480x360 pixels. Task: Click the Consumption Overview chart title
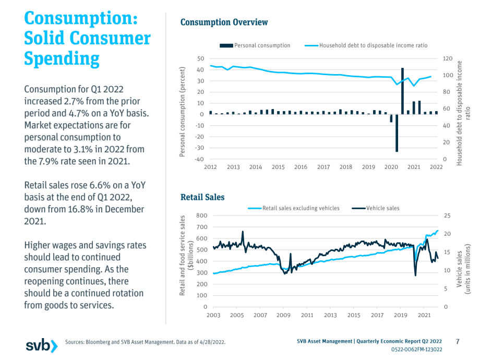click(224, 22)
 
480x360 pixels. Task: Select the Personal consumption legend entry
click(255, 45)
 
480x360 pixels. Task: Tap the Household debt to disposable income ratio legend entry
click(366, 45)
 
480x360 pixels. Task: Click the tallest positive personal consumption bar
click(402, 91)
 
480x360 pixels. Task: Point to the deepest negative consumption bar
click(397, 133)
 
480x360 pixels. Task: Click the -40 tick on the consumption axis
click(199, 159)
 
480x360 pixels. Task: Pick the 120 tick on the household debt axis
click(448, 58)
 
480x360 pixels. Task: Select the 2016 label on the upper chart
click(301, 167)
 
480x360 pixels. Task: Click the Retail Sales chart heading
click(202, 197)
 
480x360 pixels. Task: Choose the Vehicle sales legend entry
click(376, 208)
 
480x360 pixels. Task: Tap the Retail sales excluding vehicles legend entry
click(294, 208)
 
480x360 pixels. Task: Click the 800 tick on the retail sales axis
click(202, 215)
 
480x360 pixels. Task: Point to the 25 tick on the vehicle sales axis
click(447, 215)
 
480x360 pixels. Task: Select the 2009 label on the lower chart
click(283, 315)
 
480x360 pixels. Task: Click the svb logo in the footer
click(42, 346)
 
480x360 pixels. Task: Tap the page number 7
click(458, 341)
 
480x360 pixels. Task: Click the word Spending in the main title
click(62, 58)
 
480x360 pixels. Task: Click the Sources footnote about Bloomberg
click(145, 342)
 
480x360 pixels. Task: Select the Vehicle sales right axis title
click(463, 269)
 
